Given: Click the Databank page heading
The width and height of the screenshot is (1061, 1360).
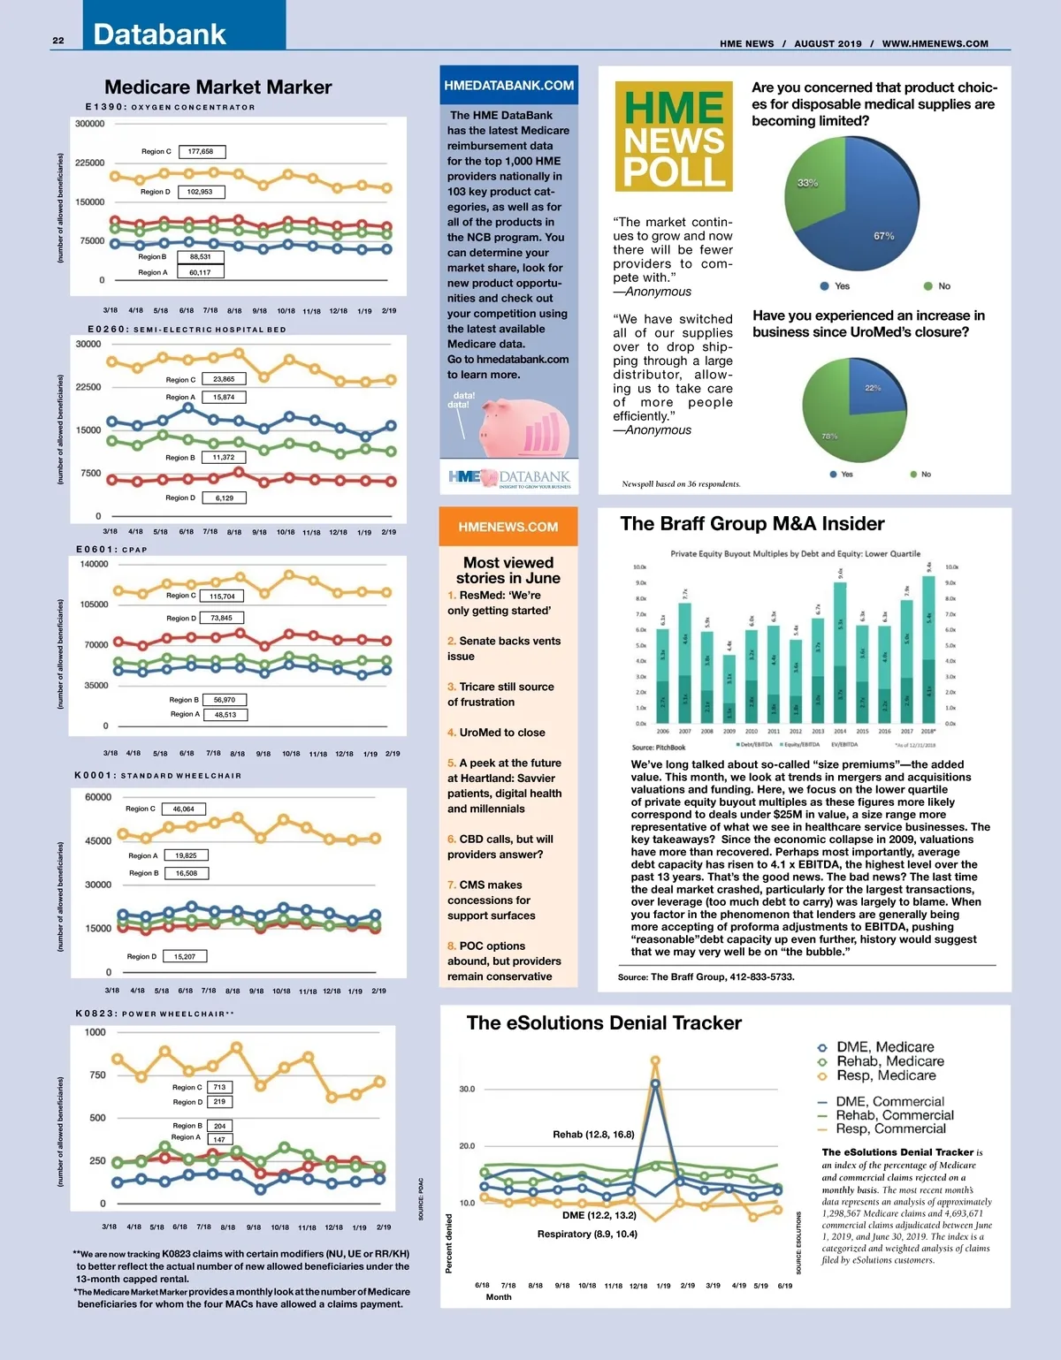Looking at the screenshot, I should [x=159, y=34].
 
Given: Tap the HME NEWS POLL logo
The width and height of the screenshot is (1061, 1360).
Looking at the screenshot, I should [x=674, y=137].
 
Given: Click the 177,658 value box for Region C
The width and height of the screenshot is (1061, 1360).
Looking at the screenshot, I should [x=202, y=151].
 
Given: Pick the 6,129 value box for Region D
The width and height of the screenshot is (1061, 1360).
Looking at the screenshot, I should [x=225, y=498].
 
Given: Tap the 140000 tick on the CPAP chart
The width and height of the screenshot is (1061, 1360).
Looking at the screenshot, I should [x=94, y=564].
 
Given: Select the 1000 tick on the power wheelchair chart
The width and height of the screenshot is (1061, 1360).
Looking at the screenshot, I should [x=95, y=1032].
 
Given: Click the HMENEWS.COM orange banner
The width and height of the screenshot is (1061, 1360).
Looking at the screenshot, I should [x=508, y=527].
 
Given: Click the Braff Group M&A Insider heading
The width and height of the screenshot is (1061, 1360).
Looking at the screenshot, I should [x=752, y=524].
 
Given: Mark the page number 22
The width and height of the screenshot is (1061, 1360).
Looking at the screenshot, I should [x=58, y=41].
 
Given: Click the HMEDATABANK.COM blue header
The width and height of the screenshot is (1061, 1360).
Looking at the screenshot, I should [x=508, y=86].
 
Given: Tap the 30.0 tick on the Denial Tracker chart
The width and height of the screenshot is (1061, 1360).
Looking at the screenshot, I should [x=467, y=1089].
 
